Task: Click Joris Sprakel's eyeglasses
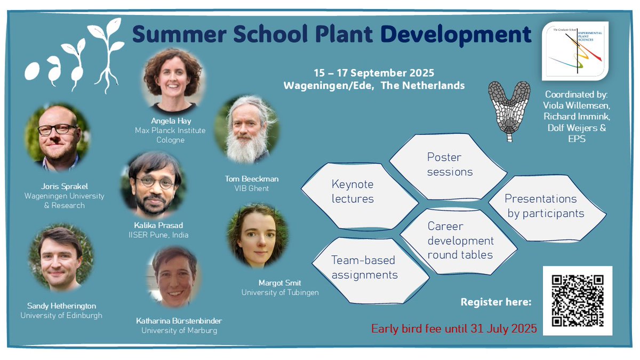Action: pos(57,130)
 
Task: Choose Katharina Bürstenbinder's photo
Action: pos(174,277)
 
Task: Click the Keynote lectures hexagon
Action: pos(352,192)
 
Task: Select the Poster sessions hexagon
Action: pos(449,164)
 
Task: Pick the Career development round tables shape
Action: pos(460,241)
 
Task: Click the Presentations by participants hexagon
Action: pos(544,206)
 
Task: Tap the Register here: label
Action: pos(495,302)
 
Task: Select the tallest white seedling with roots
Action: pos(108,53)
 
